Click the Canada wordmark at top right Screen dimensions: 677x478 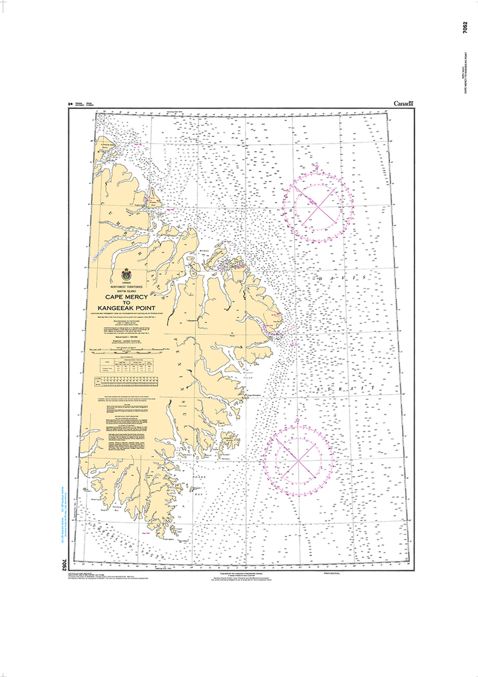pos(404,104)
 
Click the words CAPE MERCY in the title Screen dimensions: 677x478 pos(126,297)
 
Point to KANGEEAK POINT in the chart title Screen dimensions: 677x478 pos(126,308)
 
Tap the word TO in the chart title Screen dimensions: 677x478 pos(126,303)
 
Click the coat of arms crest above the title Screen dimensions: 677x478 pos(126,274)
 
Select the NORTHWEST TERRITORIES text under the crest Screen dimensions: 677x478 pos(126,285)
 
